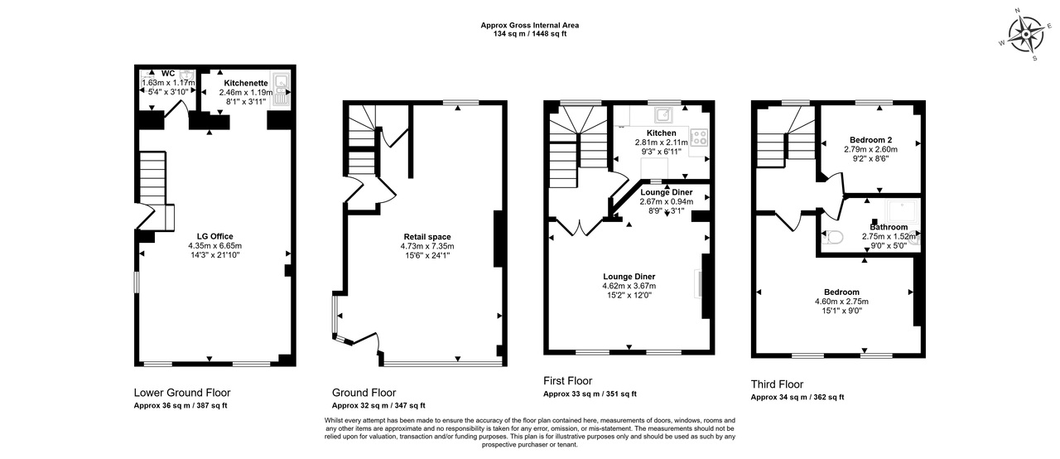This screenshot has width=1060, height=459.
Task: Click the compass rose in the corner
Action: pos(1026,35)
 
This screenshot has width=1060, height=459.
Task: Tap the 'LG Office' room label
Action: pos(214,236)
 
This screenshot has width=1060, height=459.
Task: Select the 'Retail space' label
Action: pos(427,237)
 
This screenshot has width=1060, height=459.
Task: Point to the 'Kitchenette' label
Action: pos(246,83)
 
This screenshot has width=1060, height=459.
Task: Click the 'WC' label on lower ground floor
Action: pos(168,74)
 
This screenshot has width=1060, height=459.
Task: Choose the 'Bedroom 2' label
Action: pos(870,139)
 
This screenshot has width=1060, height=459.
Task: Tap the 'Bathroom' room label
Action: pos(889,227)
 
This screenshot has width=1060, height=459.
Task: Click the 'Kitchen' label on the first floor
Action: pos(662,133)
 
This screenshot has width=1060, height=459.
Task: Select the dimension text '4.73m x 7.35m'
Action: pos(427,246)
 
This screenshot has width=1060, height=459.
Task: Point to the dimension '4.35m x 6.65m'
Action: pos(214,245)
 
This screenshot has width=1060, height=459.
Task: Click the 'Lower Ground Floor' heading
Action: pos(182,392)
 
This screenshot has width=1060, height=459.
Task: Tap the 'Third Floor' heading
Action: pos(777,384)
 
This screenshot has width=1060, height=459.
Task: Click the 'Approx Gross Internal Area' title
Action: pos(530,25)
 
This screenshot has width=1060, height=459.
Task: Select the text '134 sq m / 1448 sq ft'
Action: pos(530,34)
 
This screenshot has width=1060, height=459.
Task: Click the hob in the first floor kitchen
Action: pos(699,138)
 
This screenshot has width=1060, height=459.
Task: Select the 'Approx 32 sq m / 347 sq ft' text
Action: pos(378,405)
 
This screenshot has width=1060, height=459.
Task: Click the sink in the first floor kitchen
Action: pos(663,114)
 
